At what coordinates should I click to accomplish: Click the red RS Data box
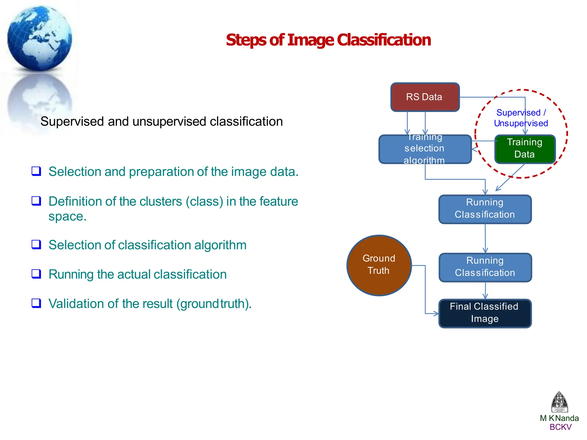click(425, 97)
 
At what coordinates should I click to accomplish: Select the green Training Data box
click(525, 149)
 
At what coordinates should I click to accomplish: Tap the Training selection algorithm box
click(425, 149)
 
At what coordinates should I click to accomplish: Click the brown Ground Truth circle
click(379, 265)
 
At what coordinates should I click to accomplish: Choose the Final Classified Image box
click(485, 313)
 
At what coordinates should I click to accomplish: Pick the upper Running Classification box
click(485, 209)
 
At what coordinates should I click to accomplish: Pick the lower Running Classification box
click(485, 267)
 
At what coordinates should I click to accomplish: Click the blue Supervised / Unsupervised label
click(521, 118)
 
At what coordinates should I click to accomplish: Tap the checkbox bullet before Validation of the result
click(36, 303)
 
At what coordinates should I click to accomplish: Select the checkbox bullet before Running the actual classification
click(36, 274)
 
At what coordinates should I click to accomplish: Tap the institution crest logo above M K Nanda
click(559, 402)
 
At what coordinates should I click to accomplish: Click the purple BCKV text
click(560, 427)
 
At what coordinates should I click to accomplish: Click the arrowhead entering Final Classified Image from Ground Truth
click(436, 314)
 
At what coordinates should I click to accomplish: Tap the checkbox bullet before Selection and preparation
click(36, 171)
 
